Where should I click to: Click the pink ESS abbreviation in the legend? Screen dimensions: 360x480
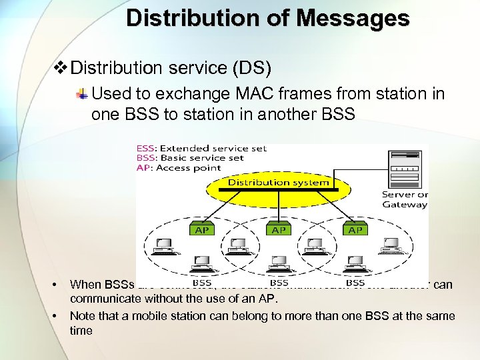(146, 148)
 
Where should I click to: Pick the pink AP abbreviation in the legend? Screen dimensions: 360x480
(143, 168)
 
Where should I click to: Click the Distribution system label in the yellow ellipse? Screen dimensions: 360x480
(279, 182)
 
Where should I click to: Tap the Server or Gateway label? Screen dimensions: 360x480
(405, 199)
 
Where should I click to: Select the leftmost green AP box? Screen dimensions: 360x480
(201, 229)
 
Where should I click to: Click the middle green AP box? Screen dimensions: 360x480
(279, 229)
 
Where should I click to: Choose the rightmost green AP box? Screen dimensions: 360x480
(355, 229)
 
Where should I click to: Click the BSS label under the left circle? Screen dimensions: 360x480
(202, 283)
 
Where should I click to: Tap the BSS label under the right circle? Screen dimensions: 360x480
(355, 283)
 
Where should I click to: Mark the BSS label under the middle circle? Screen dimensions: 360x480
(279, 283)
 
